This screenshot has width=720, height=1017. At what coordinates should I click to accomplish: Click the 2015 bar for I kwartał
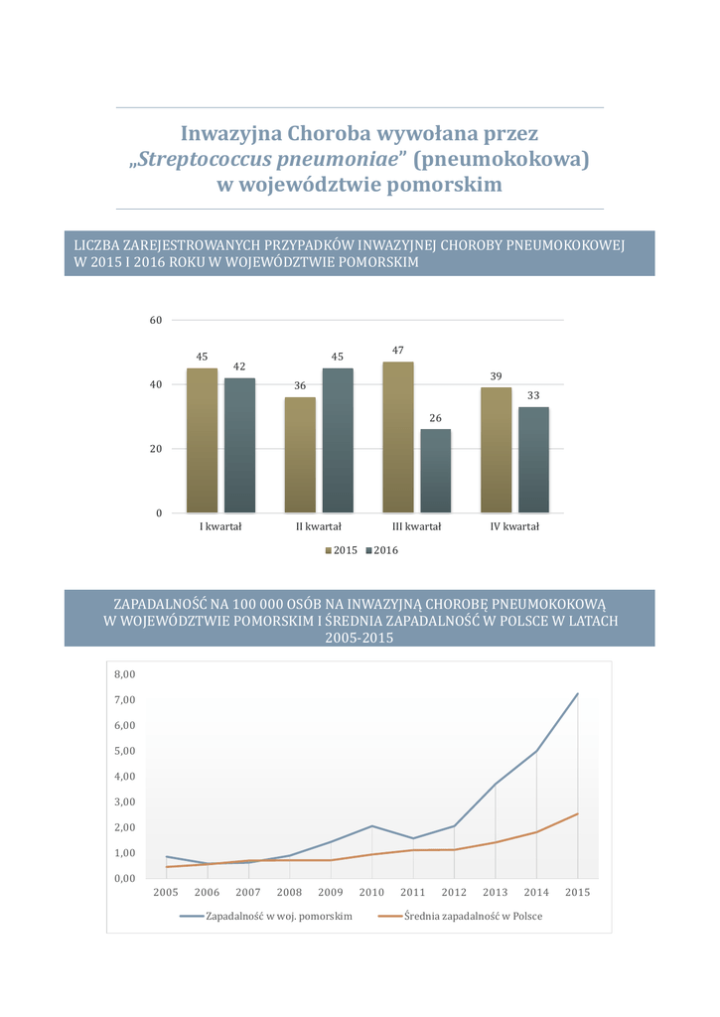pyautogui.click(x=202, y=440)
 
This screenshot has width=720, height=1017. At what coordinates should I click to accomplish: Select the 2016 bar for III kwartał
pyautogui.click(x=435, y=471)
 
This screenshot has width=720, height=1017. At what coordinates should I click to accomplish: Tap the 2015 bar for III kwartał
pyautogui.click(x=398, y=437)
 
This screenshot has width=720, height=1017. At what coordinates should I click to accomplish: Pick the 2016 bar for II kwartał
pyautogui.click(x=338, y=440)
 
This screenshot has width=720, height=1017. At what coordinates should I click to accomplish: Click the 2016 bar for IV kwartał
pyautogui.click(x=533, y=459)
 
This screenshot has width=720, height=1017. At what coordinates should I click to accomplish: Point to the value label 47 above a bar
pyautogui.click(x=398, y=351)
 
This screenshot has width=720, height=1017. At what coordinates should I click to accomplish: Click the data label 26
pyautogui.click(x=435, y=418)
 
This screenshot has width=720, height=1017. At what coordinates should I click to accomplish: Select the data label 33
pyautogui.click(x=533, y=396)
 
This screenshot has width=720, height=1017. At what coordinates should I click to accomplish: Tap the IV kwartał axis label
pyautogui.click(x=514, y=526)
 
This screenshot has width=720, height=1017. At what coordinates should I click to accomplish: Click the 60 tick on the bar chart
pyautogui.click(x=156, y=320)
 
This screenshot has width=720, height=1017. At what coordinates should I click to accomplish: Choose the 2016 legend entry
pyautogui.click(x=380, y=550)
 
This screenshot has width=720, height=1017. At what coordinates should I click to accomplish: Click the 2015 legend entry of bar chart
pyautogui.click(x=341, y=550)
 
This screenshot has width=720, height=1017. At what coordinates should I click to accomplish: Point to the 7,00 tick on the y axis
pyautogui.click(x=124, y=700)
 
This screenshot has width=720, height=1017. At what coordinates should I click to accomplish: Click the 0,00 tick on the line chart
pyautogui.click(x=124, y=878)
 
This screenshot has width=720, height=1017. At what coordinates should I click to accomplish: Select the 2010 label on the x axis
pyautogui.click(x=371, y=893)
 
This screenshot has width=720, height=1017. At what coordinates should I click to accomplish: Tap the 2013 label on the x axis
pyautogui.click(x=495, y=893)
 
